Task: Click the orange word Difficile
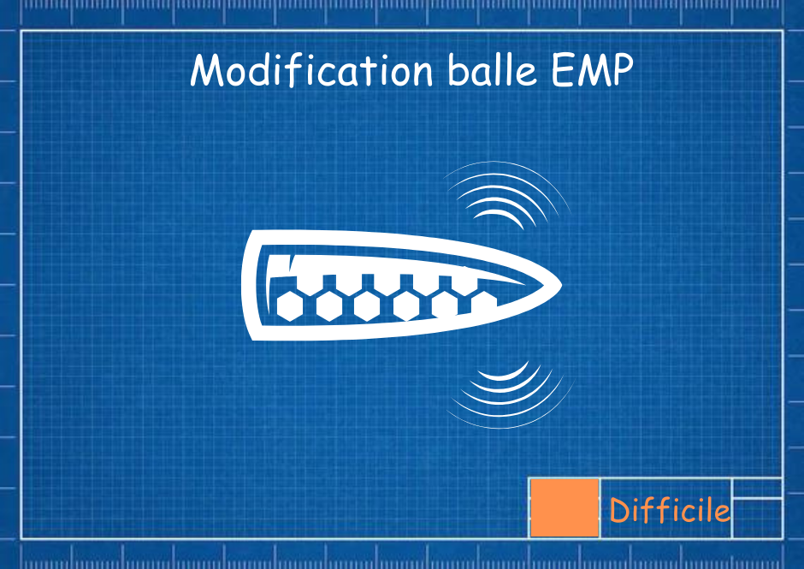[x=670, y=510]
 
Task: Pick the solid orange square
[x=565, y=508]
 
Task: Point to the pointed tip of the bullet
[x=561, y=284]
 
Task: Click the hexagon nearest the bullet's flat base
[x=290, y=306]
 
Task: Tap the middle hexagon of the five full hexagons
[x=367, y=306]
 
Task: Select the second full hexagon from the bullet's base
[x=328, y=306]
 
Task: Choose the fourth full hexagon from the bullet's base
[x=406, y=306]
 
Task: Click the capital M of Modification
[x=208, y=70]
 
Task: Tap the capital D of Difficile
[x=620, y=510]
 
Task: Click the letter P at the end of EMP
[x=622, y=69]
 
